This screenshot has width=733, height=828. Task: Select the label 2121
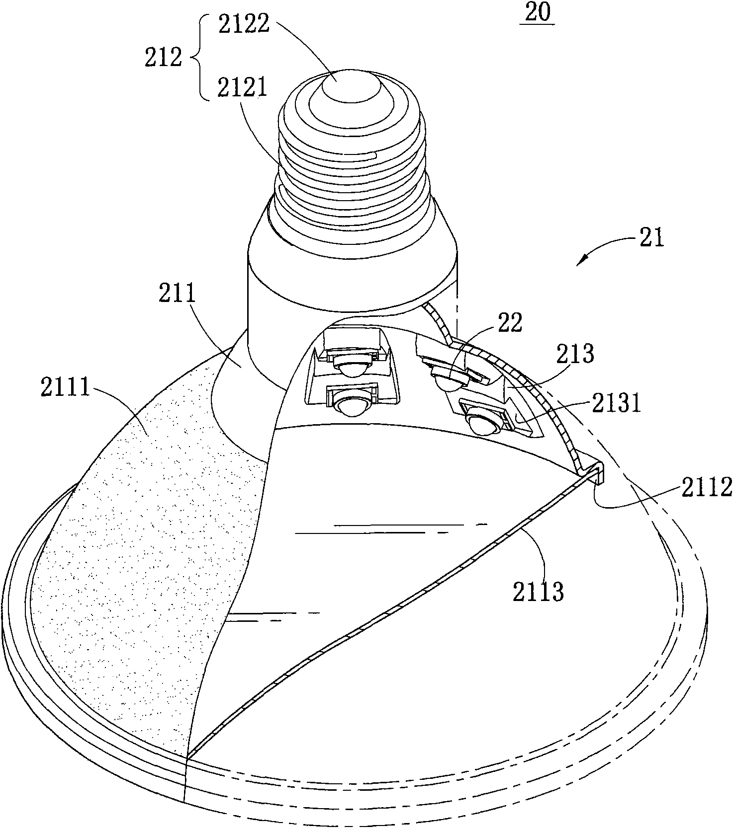pyautogui.click(x=243, y=88)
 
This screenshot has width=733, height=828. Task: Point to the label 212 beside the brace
pyautogui.click(x=163, y=58)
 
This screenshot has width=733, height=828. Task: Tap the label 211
pyautogui.click(x=178, y=296)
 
